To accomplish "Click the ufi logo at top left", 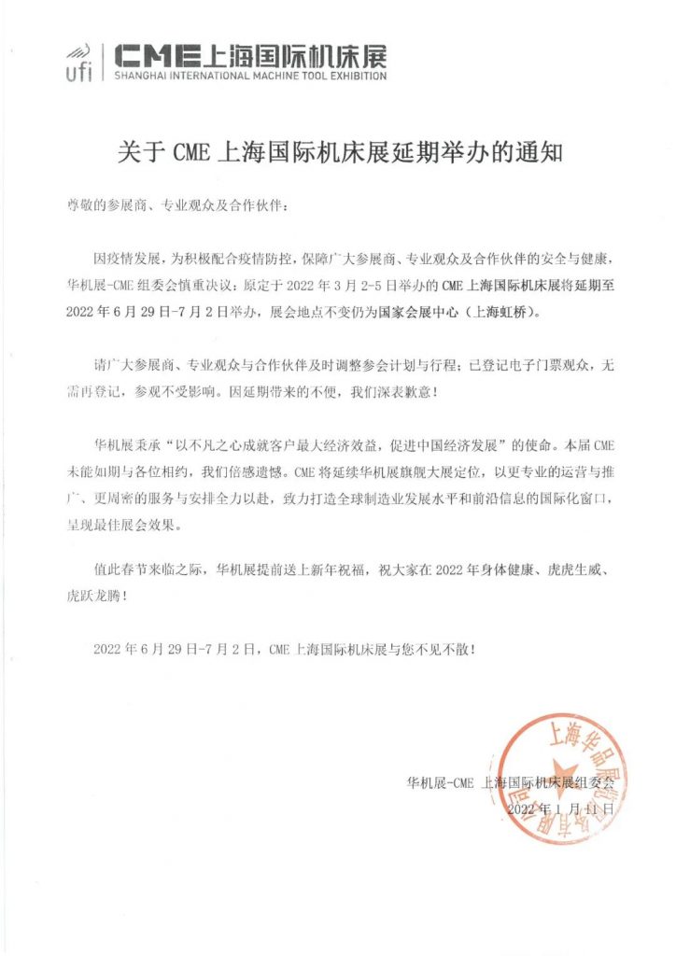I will [x=78, y=62].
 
